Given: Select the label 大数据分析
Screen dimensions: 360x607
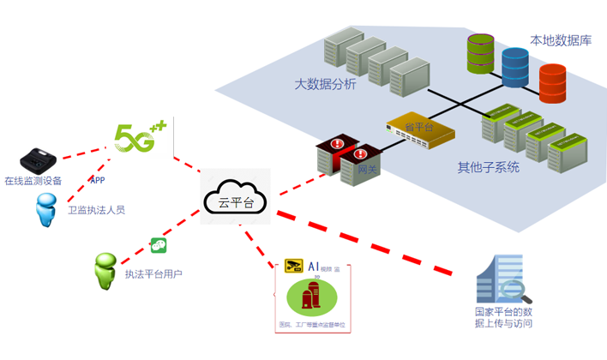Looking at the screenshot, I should coord(325,84).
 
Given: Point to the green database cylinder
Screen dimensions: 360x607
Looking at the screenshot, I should coord(481,54).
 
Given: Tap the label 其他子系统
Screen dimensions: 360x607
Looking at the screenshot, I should coord(488,167).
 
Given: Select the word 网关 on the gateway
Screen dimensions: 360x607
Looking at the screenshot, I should coord(367,171).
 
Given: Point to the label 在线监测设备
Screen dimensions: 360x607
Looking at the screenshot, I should coord(33,181).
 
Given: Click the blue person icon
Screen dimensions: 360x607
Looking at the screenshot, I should coord(45,209).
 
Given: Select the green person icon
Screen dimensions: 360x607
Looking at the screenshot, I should coord(105,271).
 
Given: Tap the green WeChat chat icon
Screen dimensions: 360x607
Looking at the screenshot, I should coord(159,245).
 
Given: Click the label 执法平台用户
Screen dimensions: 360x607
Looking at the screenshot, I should coord(153,274).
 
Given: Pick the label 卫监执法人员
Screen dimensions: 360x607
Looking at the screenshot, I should coord(96,210).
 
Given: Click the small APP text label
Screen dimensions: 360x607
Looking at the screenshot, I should coord(98,181).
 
